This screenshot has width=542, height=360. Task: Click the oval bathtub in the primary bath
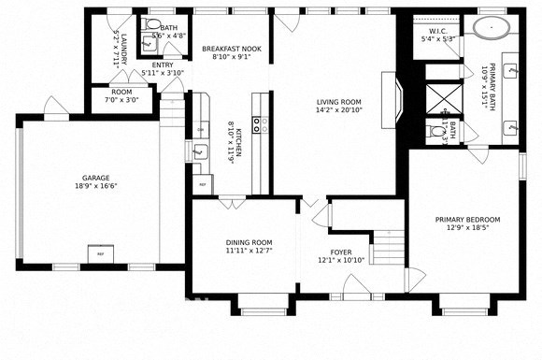click(x=492, y=26)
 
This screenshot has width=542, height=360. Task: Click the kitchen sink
click(x=199, y=150)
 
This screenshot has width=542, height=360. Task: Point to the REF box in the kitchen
click(x=201, y=183)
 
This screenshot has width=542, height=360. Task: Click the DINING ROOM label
click(x=249, y=242)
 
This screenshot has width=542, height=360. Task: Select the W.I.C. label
click(x=439, y=31)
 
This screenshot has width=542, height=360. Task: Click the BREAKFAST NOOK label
click(x=233, y=49)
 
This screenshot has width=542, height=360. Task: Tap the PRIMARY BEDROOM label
click(x=467, y=220)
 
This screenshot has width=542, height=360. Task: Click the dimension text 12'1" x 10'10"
click(x=339, y=260)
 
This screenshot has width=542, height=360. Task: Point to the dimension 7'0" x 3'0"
click(x=121, y=100)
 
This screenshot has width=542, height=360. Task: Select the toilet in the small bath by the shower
click(x=435, y=134)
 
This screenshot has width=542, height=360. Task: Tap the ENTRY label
click(x=163, y=65)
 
